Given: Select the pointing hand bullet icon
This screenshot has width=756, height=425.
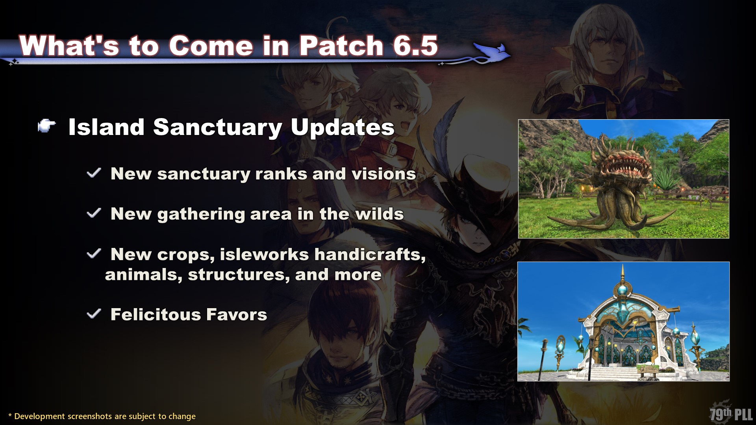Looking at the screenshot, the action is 46,127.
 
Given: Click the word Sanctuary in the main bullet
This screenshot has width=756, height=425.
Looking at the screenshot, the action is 217,128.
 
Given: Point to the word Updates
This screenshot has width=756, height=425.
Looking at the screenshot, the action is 342,128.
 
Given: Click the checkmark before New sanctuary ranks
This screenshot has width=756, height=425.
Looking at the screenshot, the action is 94,173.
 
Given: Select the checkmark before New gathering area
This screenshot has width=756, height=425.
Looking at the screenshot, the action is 94,213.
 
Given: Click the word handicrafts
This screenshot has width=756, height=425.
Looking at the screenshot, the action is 370,255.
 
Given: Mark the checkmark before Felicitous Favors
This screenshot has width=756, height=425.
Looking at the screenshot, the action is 94,314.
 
